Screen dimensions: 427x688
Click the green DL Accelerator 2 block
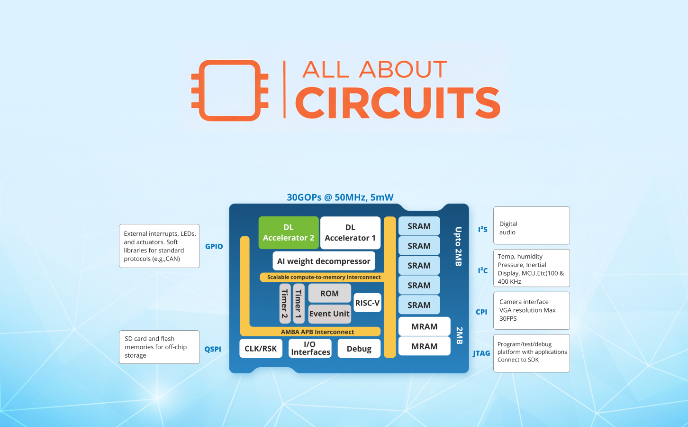289,232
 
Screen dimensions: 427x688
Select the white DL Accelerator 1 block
350,232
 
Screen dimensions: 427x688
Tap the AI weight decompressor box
324,261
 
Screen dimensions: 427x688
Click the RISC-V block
367,303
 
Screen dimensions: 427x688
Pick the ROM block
329,293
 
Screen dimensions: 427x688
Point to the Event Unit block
329,314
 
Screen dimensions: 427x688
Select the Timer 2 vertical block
285,304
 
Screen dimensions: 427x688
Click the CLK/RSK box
261,348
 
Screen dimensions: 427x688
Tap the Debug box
359,349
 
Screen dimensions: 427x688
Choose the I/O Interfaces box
310,348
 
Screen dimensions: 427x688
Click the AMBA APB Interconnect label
317,332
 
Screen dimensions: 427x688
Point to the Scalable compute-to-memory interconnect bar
324,277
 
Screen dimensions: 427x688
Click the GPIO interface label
214,246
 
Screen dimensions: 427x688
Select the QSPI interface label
213,349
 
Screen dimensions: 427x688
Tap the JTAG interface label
481,353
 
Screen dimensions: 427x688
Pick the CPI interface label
481,312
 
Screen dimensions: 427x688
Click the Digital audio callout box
531,225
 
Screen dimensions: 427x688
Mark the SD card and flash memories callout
159,347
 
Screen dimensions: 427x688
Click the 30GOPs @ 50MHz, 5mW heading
340,197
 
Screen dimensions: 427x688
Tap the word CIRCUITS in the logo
398,102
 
